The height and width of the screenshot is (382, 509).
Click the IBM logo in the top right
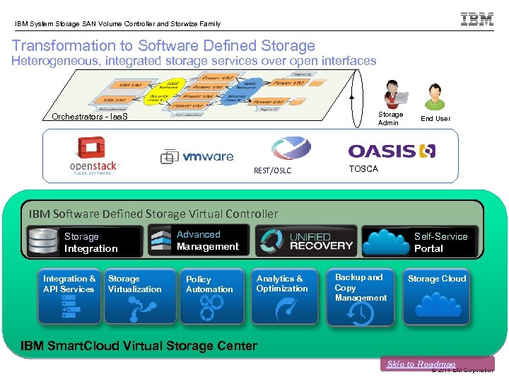pos(477,19)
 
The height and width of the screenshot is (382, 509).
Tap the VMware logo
pos(197,156)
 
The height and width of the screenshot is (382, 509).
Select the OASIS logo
pos(392,151)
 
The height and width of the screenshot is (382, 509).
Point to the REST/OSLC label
pos(272,170)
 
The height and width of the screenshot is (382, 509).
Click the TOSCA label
pos(363,169)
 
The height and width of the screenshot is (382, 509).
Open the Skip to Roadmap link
pos(421,364)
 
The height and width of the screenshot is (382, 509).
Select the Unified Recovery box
pos(306,241)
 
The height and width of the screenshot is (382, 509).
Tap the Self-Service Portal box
pos(420,241)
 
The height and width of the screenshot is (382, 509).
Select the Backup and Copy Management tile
pos(361,297)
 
